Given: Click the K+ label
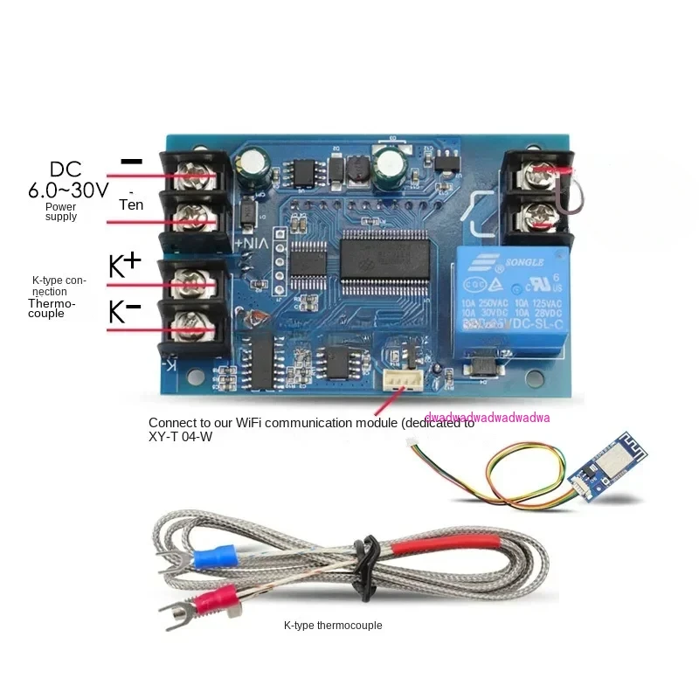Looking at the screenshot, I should (125, 266).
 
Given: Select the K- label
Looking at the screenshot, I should (124, 312).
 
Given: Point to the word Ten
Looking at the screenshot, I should (130, 204).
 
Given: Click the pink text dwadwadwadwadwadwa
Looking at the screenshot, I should (487, 418).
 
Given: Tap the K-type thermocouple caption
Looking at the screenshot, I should (333, 626).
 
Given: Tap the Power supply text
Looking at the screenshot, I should (61, 211).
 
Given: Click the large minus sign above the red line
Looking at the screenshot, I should (131, 161).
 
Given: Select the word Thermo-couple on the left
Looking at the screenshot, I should (52, 308).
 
